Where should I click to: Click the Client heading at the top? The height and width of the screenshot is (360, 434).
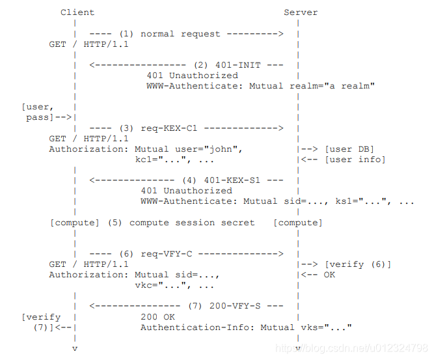tap(77, 12)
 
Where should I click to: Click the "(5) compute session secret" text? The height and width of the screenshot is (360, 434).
tap(182, 223)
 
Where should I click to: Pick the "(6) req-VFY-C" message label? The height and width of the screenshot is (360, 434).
tap(159, 254)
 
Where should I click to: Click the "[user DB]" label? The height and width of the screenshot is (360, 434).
tap(349, 149)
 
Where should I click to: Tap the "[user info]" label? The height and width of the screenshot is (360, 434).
tap(355, 159)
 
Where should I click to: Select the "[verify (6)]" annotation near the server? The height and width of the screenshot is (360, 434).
tap(357, 264)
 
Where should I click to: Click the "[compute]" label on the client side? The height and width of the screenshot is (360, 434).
tap(75, 223)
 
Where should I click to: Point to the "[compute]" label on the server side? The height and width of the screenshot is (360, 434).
tap(297, 223)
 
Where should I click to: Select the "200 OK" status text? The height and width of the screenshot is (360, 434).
tap(157, 317)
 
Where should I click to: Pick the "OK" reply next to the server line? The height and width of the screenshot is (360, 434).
tap(329, 275)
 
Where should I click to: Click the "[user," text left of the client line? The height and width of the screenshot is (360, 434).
tap(36, 107)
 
